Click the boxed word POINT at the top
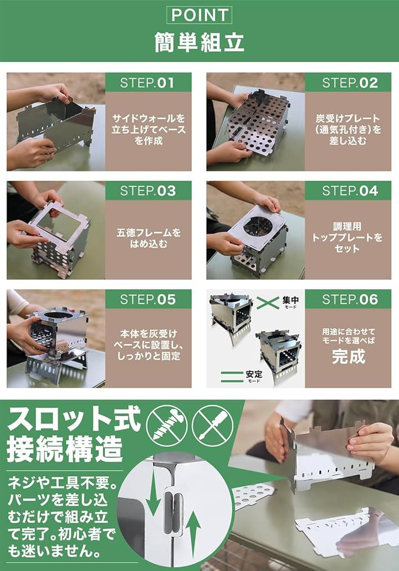coord(199,16)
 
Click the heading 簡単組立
coord(199,42)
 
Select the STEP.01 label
coord(148,83)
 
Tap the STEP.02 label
coord(348,83)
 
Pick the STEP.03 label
coord(148,191)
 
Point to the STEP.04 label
coord(348,191)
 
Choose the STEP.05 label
coord(148,299)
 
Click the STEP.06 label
coord(348,299)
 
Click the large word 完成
coord(348,356)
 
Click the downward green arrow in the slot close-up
coord(152,493)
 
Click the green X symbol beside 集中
coord(268,303)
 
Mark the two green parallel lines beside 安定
coord(232,377)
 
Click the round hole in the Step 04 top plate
coord(257,226)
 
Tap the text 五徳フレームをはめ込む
coord(149,238)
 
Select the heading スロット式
coord(74,419)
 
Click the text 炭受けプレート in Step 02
coord(348,118)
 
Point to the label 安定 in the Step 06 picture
coord(254,374)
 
